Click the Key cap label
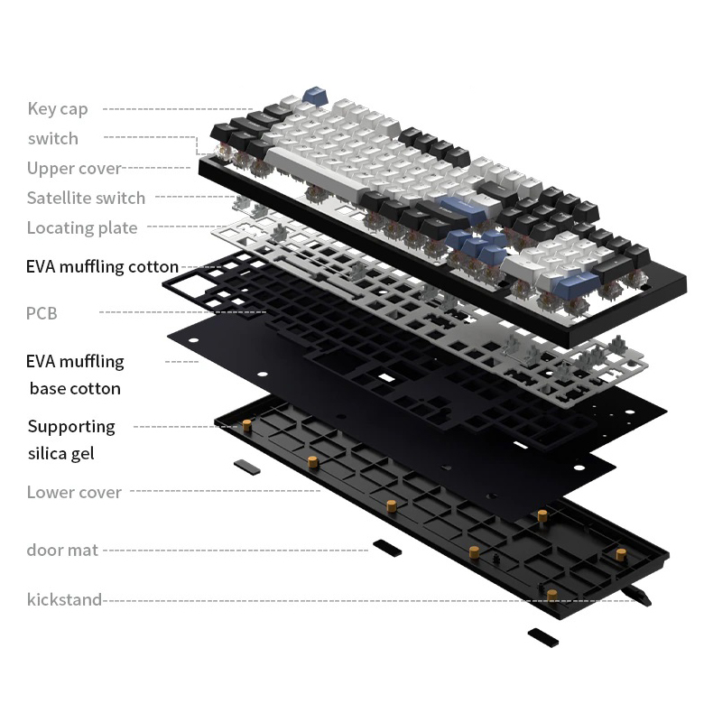58,109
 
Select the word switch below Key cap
53,138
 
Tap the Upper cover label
74,168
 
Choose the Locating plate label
82,227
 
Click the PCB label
42,313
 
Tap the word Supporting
71,426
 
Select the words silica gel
60,452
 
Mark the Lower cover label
74,492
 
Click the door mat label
62,550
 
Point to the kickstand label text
64,598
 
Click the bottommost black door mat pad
542,636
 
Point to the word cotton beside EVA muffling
153,266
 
